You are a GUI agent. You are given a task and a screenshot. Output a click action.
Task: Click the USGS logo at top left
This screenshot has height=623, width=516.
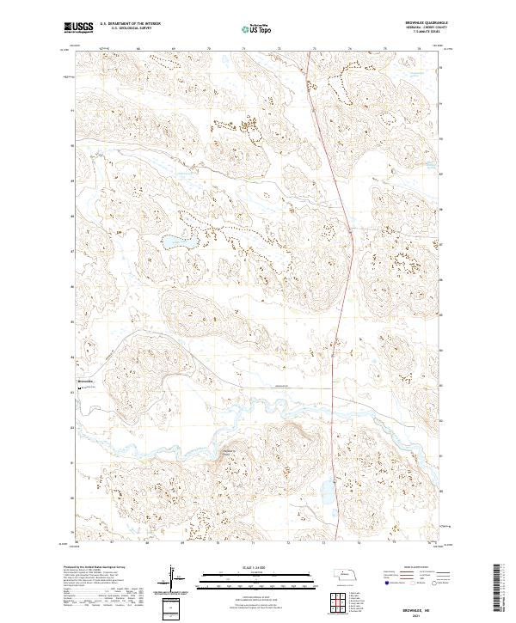point(78,28)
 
